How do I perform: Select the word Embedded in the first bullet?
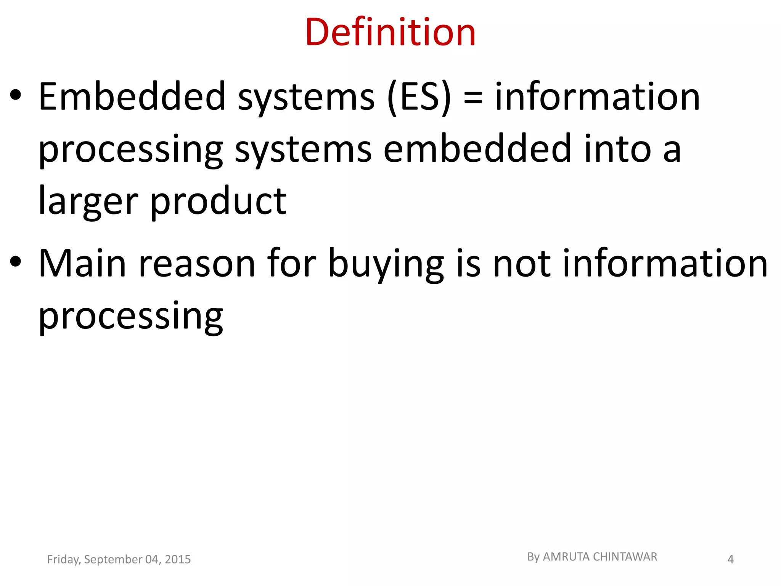tap(132, 97)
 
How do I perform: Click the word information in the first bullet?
tap(597, 97)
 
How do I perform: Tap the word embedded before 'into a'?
tap(477, 149)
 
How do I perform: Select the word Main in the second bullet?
tap(82, 263)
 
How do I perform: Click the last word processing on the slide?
tap(131, 317)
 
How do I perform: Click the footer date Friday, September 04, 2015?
tap(119, 559)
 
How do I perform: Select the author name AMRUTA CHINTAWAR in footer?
tap(600, 557)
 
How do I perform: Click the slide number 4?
tap(730, 559)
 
